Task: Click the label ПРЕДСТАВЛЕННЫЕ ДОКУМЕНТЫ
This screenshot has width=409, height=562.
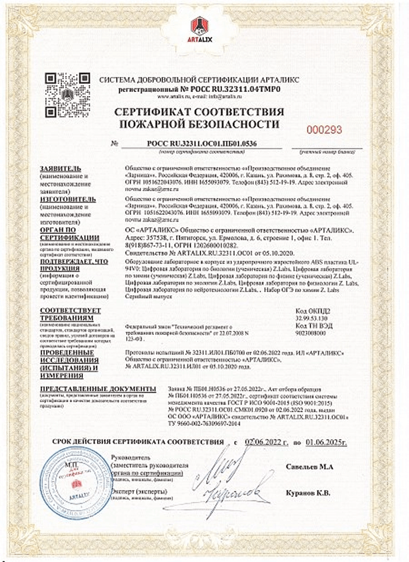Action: click(x=95, y=388)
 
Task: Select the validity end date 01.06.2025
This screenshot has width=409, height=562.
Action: click(x=327, y=443)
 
